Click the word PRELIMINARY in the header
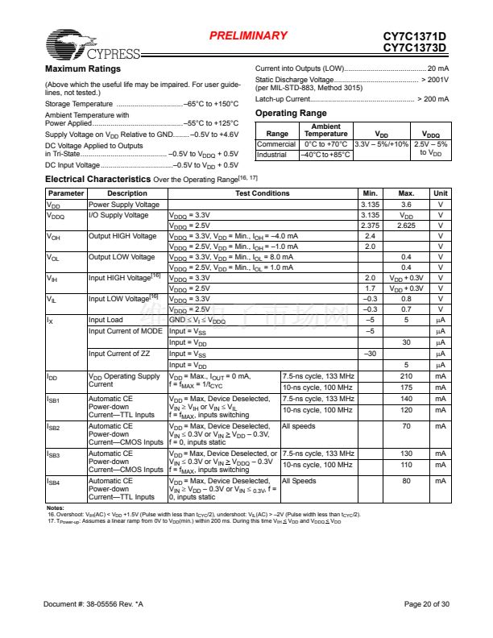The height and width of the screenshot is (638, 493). click(x=248, y=35)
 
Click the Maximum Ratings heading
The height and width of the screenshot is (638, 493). click(x=82, y=68)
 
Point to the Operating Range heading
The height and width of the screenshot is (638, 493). click(x=291, y=113)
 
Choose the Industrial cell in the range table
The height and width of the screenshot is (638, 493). click(x=272, y=154)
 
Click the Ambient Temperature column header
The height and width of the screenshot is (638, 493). click(x=325, y=130)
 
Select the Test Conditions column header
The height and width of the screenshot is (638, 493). click(x=262, y=193)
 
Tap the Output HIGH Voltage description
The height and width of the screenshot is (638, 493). click(x=122, y=236)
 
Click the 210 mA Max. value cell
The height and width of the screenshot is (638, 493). click(x=406, y=376)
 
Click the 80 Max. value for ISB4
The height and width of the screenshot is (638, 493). click(x=406, y=481)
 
